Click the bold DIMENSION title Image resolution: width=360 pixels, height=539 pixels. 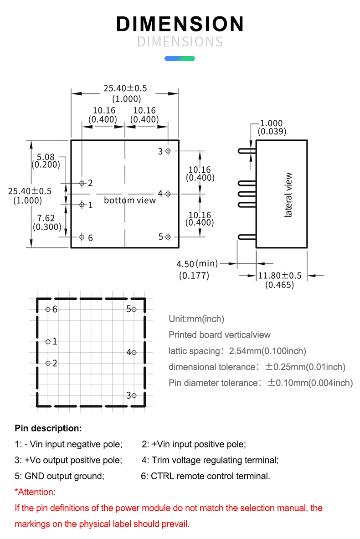coord(180,24)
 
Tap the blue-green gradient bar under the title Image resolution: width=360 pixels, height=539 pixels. coord(180,58)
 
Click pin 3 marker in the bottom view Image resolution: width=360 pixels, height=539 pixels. coord(168,151)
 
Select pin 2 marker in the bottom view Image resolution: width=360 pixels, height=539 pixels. coord(82,183)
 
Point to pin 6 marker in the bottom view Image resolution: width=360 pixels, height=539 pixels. coord(82,236)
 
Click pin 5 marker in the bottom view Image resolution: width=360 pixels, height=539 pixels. coord(168,236)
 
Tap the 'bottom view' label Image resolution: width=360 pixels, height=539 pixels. coord(129,200)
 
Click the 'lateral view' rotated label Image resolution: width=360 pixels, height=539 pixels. coord(288,195)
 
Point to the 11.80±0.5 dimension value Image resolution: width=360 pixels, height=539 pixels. coord(280,276)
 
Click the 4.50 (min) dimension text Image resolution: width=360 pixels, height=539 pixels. coord(197,264)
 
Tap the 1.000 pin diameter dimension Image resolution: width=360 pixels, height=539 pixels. coord(271,123)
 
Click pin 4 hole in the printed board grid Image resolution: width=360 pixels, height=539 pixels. coord(134,352)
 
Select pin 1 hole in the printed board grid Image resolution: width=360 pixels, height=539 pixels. coord(48,341)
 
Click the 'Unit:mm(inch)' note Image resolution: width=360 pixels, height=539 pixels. coord(196,319)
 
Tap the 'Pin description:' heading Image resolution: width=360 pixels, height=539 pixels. coord(48,428)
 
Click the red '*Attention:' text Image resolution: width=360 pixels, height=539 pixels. coord(35,492)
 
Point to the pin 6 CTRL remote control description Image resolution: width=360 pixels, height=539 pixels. coord(206,476)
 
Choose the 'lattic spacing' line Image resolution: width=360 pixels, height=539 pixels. coord(237,351)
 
